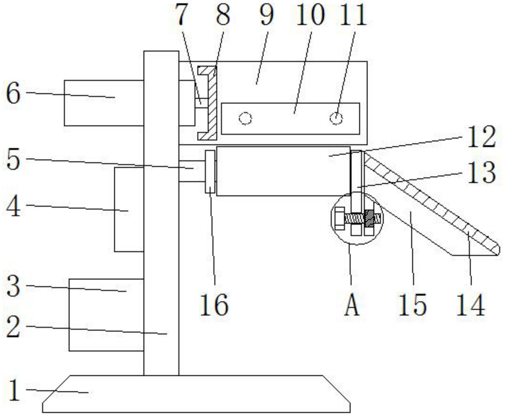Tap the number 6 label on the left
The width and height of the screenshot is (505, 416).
(14, 93)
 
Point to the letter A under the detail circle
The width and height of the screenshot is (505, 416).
(352, 305)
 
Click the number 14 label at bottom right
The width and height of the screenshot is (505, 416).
(471, 305)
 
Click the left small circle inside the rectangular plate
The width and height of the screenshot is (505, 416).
(245, 118)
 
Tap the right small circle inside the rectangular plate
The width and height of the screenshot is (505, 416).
(336, 118)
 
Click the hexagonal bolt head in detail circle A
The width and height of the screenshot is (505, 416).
(340, 218)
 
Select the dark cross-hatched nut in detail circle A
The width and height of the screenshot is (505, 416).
(369, 218)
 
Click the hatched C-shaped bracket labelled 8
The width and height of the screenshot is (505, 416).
(212, 103)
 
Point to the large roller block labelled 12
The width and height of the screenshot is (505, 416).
(283, 171)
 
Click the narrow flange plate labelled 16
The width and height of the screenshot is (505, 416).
(210, 172)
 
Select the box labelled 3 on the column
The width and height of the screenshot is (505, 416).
(106, 315)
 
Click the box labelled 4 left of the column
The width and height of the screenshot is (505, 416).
(129, 209)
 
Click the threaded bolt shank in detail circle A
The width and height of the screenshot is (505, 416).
(354, 218)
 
